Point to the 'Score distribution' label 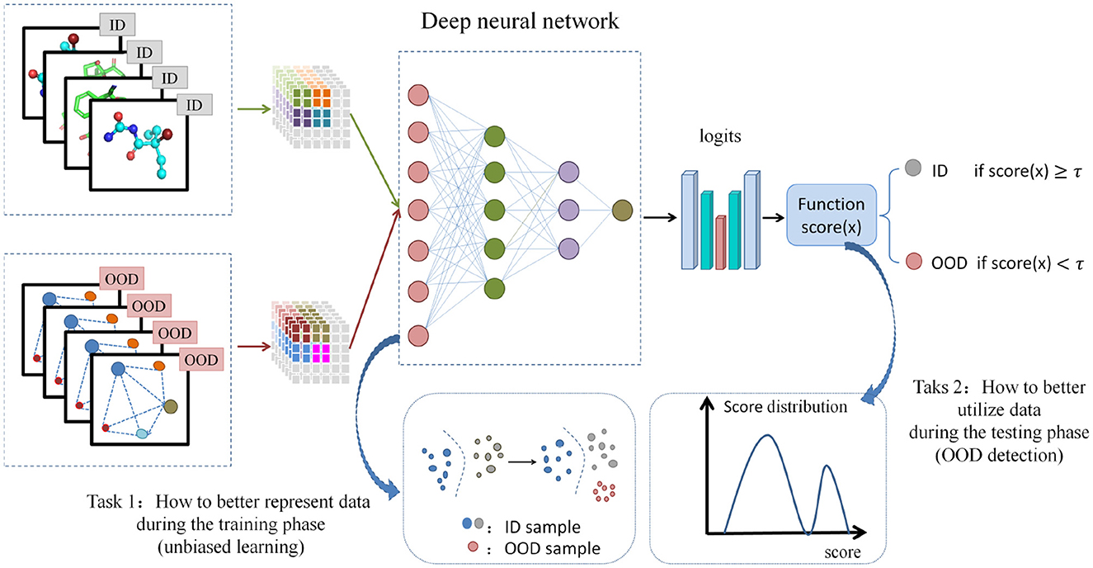[784, 407]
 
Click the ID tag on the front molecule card [192, 104]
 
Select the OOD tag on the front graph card [200, 360]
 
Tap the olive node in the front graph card [171, 407]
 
